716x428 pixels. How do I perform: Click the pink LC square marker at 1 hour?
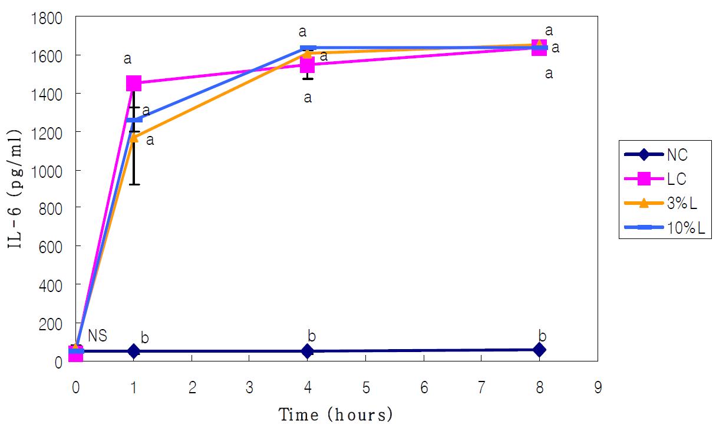pyautogui.click(x=134, y=83)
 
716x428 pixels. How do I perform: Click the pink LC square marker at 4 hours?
pyautogui.click(x=307, y=64)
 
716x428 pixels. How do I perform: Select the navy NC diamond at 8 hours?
pyautogui.click(x=539, y=350)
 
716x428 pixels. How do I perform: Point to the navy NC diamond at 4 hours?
pyautogui.click(x=307, y=351)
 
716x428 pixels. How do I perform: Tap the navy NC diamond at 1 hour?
pyautogui.click(x=134, y=351)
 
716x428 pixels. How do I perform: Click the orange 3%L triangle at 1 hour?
pyautogui.click(x=134, y=137)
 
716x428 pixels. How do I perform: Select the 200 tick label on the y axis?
pyautogui.click(x=55, y=324)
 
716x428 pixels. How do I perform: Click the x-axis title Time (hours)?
pyautogui.click(x=335, y=414)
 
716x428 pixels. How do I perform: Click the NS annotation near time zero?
pyautogui.click(x=97, y=336)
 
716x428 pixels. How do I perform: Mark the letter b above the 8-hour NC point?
pyautogui.click(x=543, y=337)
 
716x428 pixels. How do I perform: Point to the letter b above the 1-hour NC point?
pyautogui.click(x=144, y=338)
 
